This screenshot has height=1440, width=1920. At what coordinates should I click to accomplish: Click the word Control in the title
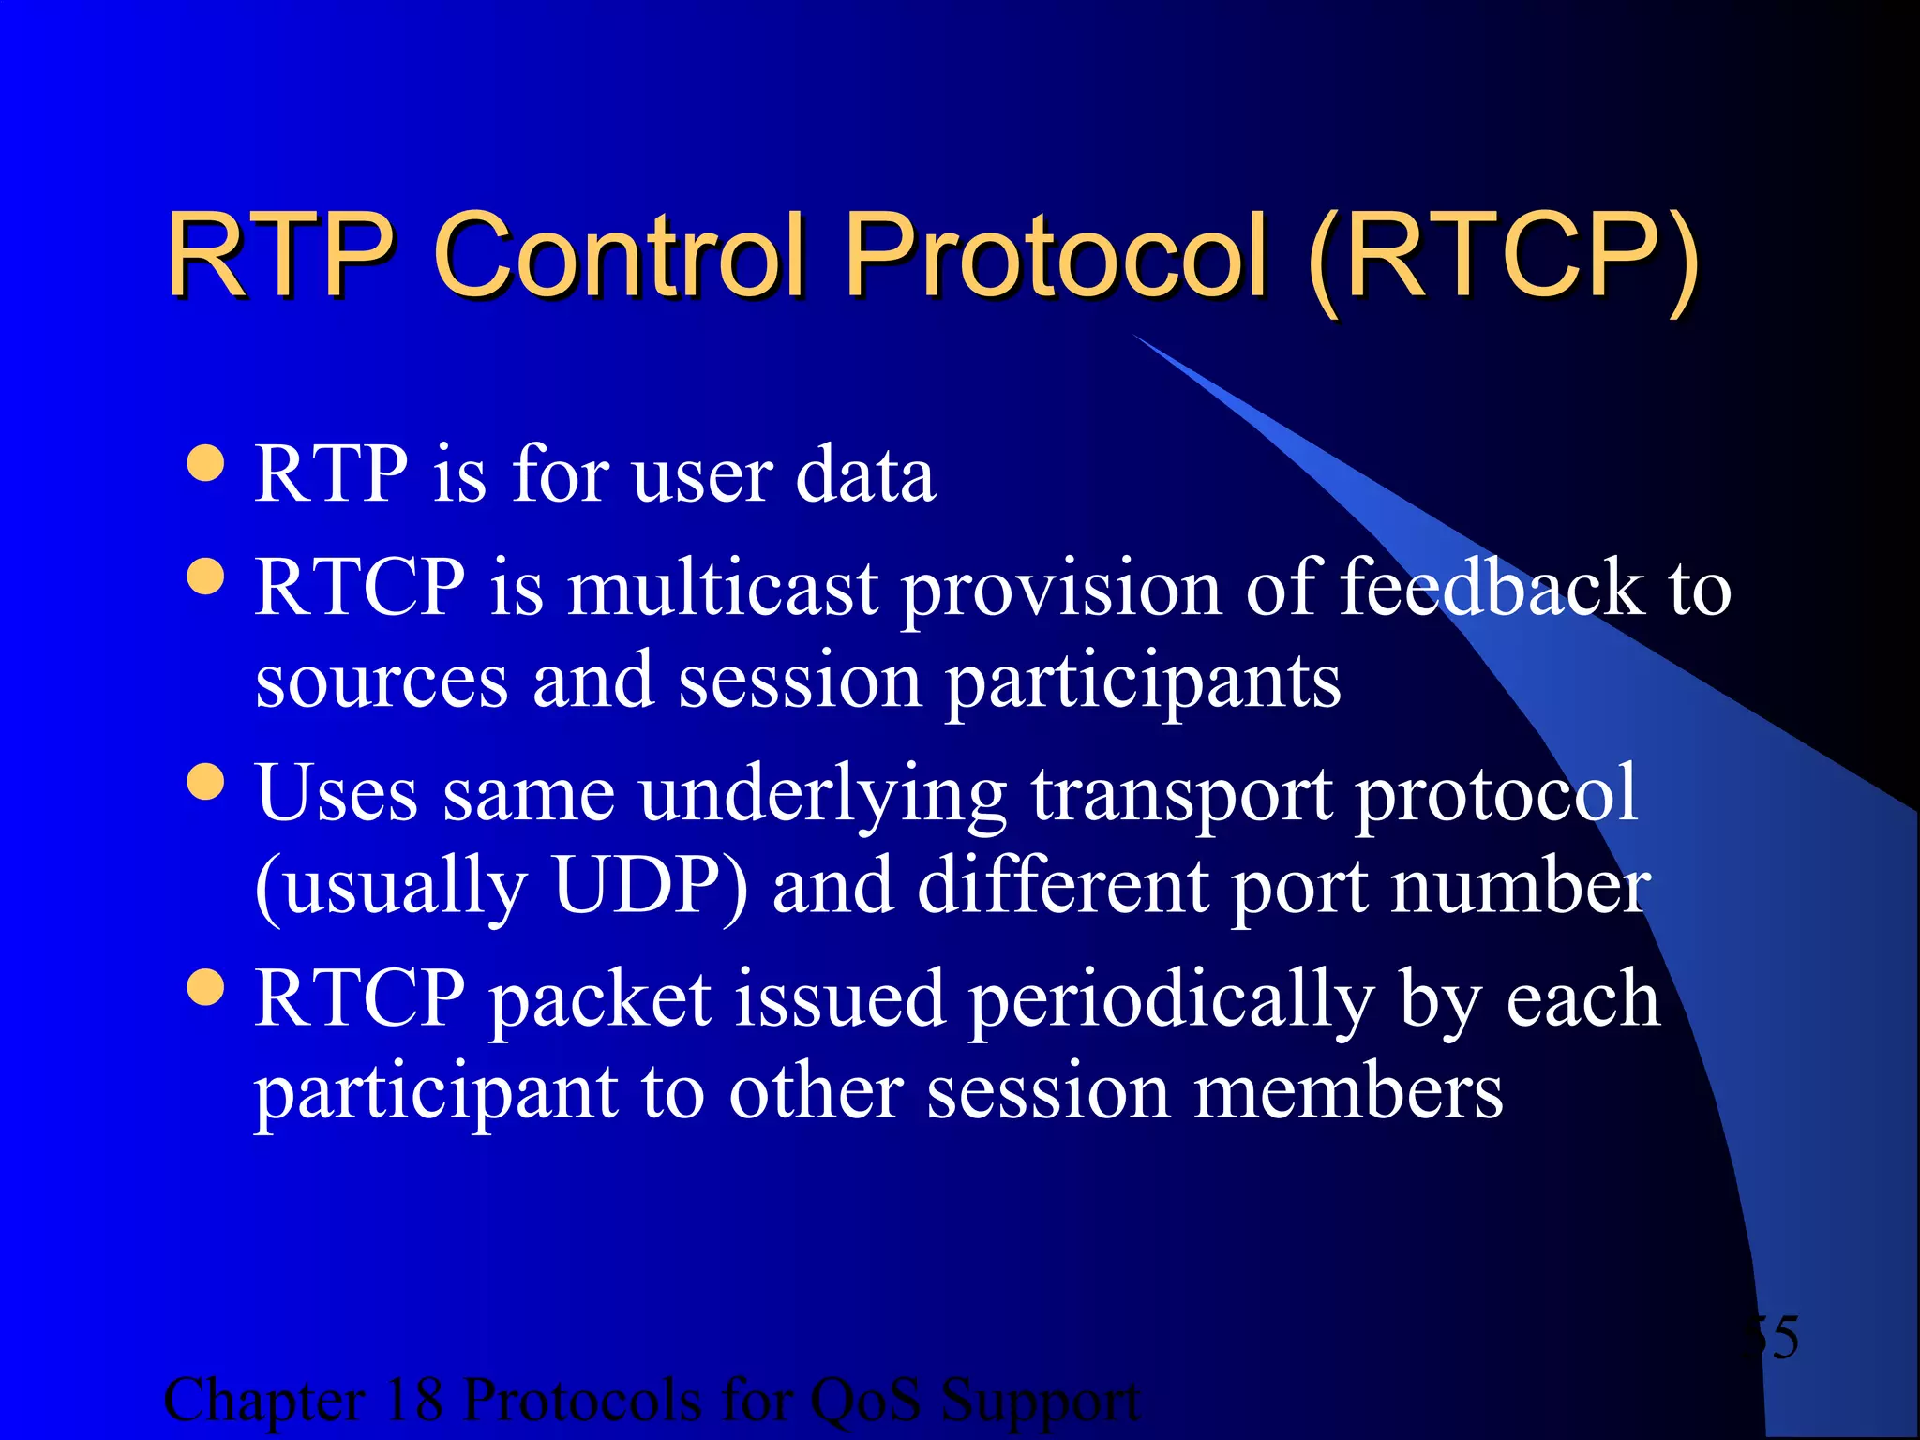[x=619, y=255]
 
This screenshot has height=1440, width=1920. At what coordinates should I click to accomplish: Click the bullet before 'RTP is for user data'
[x=205, y=462]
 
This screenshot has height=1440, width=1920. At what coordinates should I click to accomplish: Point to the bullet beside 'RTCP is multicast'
[x=205, y=577]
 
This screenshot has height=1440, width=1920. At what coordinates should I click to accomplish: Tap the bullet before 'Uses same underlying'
[x=205, y=782]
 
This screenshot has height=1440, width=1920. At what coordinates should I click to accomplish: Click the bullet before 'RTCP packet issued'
[x=205, y=987]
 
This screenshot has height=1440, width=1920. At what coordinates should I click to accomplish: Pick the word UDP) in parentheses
[x=651, y=886]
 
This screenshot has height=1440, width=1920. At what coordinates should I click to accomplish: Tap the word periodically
[x=1171, y=1000]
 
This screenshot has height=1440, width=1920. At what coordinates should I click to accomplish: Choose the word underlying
[x=823, y=795]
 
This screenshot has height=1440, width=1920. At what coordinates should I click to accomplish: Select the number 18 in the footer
[x=413, y=1400]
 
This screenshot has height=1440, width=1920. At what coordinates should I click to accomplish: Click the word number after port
[x=1520, y=886]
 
